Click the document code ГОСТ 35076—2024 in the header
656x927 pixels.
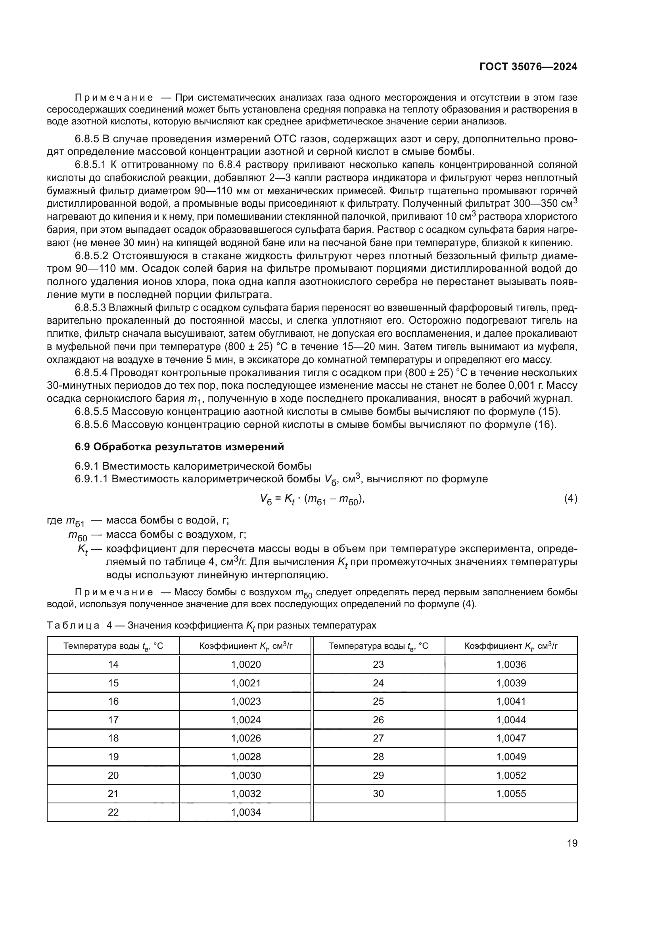tap(528, 67)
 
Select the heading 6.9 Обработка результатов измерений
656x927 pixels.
tap(179, 447)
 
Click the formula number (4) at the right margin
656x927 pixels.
tap(570, 499)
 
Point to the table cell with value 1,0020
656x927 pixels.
tap(246, 664)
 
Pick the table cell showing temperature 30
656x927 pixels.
tap(378, 793)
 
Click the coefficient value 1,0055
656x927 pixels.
tap(511, 793)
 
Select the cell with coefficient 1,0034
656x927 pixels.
tap(246, 812)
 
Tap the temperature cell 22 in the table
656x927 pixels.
tap(113, 812)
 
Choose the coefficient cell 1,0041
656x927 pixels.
tap(511, 701)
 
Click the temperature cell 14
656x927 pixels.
tap(113, 664)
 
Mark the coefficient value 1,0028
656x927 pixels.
tap(246, 757)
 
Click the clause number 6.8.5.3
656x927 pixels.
tap(90, 308)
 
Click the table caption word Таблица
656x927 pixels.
tap(73, 625)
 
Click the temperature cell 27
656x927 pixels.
tap(378, 738)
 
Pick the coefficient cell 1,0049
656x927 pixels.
tap(511, 757)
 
